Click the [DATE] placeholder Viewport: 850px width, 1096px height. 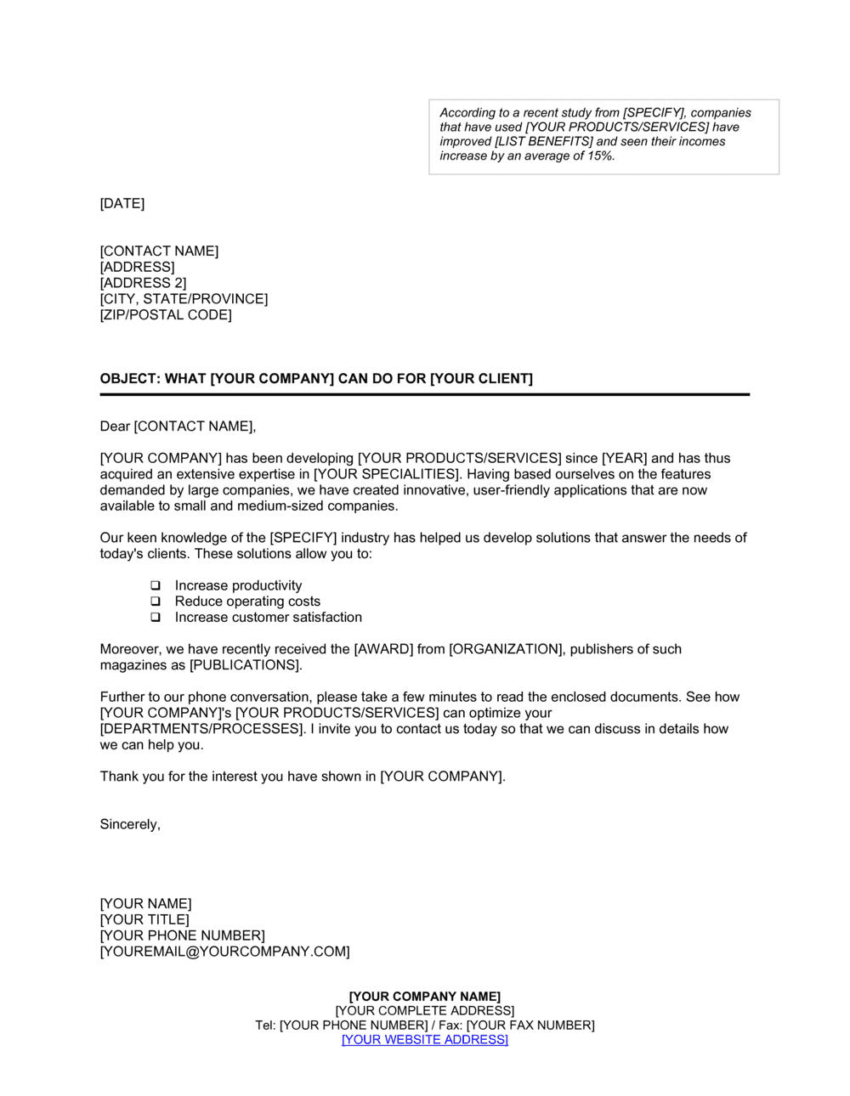[x=122, y=204]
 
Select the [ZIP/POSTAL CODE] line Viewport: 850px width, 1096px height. [x=166, y=315]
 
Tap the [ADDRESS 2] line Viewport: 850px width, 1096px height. [x=143, y=283]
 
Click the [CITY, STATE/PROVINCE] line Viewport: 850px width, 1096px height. [x=184, y=299]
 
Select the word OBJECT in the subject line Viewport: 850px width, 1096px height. [x=127, y=379]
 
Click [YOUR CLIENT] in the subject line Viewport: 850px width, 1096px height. [x=481, y=379]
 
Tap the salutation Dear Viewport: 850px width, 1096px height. [x=115, y=427]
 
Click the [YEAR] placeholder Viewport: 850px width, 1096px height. [x=625, y=459]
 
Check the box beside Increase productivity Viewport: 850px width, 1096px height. [x=156, y=586]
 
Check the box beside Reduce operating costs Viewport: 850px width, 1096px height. [x=156, y=602]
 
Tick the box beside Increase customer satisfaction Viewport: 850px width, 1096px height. [x=156, y=618]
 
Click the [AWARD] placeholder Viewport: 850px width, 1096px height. [x=383, y=650]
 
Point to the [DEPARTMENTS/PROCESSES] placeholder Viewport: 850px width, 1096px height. [x=201, y=729]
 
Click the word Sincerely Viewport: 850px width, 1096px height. [x=130, y=825]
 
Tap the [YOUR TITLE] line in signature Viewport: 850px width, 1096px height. [x=144, y=920]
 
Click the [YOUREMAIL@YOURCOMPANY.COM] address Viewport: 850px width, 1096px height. [x=224, y=952]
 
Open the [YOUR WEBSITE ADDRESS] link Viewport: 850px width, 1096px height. [x=424, y=1040]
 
